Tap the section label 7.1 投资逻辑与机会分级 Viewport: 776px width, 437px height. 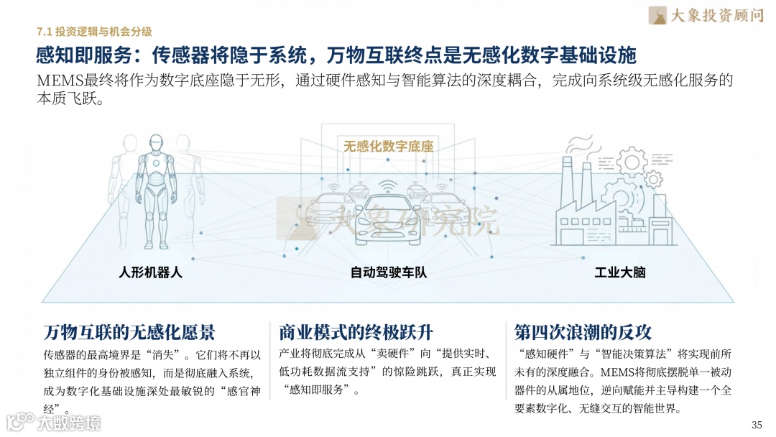pyautogui.click(x=94, y=31)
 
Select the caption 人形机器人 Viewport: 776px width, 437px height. pyautogui.click(x=151, y=273)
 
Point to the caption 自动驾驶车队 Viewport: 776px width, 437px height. pyautogui.click(x=389, y=273)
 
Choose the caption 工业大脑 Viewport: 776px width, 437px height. pyautogui.click(x=620, y=273)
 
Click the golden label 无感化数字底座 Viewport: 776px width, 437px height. pyautogui.click(x=389, y=147)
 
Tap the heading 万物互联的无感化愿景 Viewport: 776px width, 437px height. pyautogui.click(x=129, y=332)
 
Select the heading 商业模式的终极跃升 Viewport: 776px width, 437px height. pyautogui.click(x=356, y=332)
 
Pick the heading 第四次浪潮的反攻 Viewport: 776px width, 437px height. pyautogui.click(x=583, y=332)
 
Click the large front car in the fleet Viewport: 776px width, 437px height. pyautogui.click(x=388, y=223)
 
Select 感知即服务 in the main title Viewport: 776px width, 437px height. pyautogui.click(x=78, y=55)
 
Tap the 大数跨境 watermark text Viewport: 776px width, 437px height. pyautogui.click(x=70, y=423)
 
